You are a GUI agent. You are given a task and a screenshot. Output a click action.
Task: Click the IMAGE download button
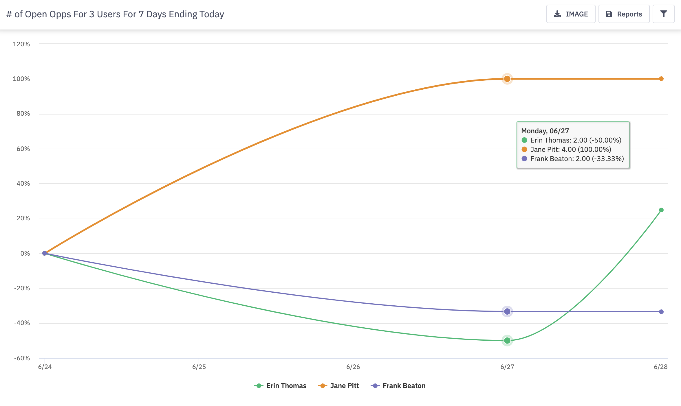click(570, 14)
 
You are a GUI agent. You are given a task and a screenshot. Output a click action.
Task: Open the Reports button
click(624, 14)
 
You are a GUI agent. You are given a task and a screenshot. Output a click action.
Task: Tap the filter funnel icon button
click(663, 14)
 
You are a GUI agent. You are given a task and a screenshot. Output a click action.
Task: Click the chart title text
click(115, 14)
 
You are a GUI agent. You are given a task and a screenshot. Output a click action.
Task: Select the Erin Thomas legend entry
click(280, 386)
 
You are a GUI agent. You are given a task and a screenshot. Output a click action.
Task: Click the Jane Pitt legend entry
click(338, 386)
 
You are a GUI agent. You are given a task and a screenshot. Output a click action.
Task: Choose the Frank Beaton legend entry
click(398, 386)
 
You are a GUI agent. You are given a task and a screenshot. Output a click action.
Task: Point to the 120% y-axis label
click(21, 44)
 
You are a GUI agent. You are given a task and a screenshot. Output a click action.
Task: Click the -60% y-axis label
click(22, 358)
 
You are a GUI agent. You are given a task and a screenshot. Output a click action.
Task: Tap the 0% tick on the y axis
click(25, 253)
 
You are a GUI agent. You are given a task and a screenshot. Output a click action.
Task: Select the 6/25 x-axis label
click(199, 367)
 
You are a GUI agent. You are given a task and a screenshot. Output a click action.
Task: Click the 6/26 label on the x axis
click(353, 367)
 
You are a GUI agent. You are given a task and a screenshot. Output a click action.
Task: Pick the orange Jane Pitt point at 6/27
click(507, 79)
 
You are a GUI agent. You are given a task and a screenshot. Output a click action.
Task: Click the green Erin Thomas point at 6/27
click(507, 340)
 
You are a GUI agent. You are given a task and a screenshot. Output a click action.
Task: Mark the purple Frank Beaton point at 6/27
click(507, 311)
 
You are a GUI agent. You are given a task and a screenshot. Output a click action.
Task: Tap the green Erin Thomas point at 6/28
click(661, 210)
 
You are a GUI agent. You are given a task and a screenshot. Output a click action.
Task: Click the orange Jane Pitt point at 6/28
click(661, 79)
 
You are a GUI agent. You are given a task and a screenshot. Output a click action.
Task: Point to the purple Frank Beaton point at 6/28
click(661, 312)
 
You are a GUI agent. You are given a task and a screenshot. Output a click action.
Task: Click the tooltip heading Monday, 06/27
click(545, 131)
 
